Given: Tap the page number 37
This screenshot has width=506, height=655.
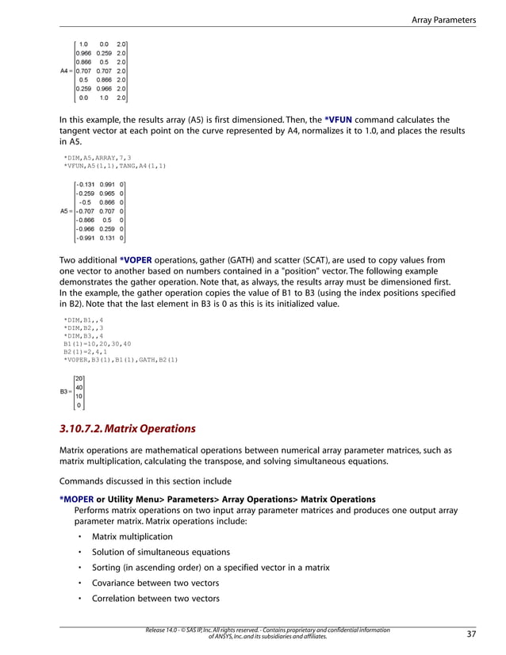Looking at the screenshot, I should point(472,634).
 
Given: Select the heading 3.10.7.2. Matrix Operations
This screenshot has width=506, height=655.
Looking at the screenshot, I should point(127,429).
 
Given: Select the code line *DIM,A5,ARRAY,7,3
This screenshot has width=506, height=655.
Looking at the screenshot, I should point(97,158).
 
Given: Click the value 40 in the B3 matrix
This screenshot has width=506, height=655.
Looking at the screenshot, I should point(79,387).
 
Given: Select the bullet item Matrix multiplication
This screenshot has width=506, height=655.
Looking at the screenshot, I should point(132,537).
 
